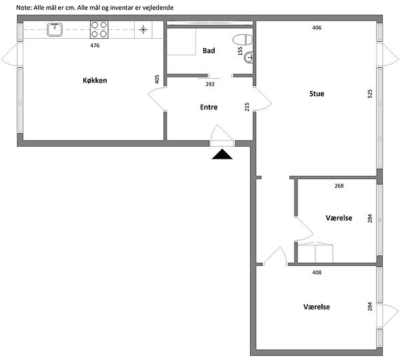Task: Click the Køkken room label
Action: (95, 81)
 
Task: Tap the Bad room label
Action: (209, 51)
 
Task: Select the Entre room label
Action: (209, 107)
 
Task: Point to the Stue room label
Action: (317, 93)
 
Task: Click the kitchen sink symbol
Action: (55, 29)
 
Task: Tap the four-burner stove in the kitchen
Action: (99, 29)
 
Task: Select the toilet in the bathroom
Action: (243, 40)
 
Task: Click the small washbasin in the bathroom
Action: (249, 57)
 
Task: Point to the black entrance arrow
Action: (222, 154)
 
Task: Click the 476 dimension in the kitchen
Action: (95, 46)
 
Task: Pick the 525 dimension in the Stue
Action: (370, 93)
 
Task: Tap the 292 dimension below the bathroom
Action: (210, 84)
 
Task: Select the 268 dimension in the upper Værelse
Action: (339, 186)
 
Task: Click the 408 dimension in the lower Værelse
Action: (317, 273)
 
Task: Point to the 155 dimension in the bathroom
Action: (240, 51)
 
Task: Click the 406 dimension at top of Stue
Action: (317, 27)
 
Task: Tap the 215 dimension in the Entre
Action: (247, 107)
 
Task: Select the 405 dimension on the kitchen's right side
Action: (157, 79)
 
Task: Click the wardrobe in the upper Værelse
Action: (315, 253)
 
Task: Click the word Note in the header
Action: (24, 7)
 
